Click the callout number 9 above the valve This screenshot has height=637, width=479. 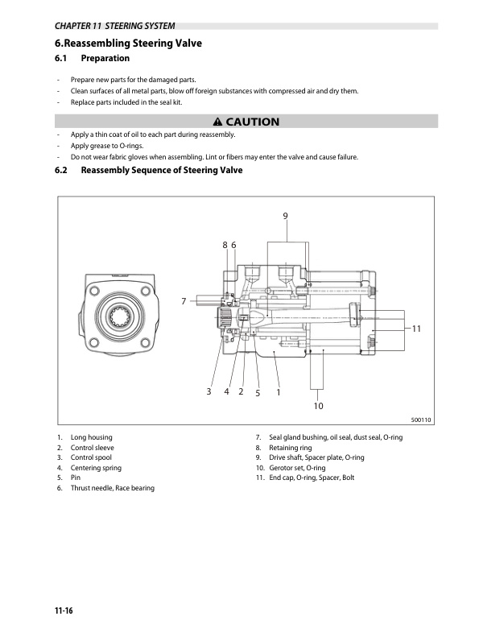coord(285,215)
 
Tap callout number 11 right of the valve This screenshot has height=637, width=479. coord(416,329)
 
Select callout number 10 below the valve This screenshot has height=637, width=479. coord(319,406)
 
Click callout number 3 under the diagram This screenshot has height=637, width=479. coord(208,391)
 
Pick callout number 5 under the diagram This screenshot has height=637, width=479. coord(258,393)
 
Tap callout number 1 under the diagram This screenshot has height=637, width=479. coord(278,392)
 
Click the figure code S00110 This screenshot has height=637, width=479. coord(421,420)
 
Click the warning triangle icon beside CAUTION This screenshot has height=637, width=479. coord(217,122)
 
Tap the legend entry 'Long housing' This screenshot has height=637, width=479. coord(91,436)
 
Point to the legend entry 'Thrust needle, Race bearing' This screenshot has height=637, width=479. coord(112,488)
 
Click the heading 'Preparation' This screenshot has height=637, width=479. coord(105,59)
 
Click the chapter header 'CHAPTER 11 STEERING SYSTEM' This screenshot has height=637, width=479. coord(114,26)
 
